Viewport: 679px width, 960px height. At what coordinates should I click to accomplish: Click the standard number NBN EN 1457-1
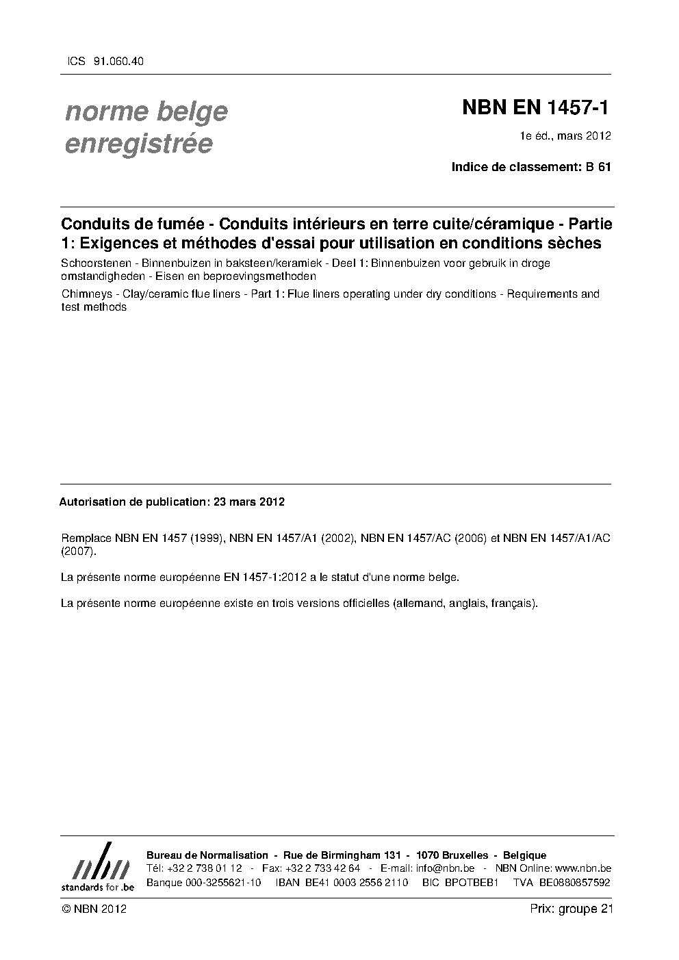[x=535, y=107]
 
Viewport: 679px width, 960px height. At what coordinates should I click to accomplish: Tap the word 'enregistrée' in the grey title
[x=138, y=144]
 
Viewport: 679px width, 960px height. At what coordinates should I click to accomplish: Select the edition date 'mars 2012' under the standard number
[x=584, y=135]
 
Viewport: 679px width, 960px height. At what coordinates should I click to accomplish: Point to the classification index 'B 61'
[x=598, y=166]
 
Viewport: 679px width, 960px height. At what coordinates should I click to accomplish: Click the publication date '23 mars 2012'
[x=249, y=502]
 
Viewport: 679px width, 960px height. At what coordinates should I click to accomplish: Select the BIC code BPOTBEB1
[x=471, y=883]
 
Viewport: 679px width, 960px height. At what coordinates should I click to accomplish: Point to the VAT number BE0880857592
[x=574, y=883]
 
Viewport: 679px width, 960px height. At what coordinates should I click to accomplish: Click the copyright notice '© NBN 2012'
[x=94, y=909]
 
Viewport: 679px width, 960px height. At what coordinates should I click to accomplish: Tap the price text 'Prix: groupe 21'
[x=571, y=909]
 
